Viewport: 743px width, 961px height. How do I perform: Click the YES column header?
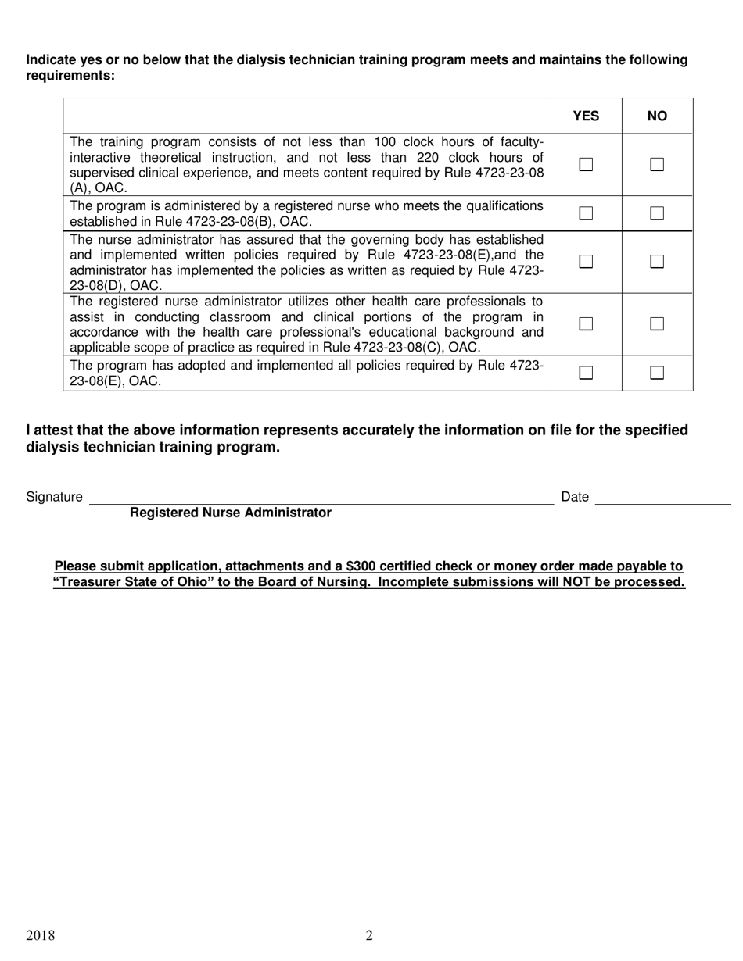click(586, 116)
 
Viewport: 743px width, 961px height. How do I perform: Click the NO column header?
click(657, 116)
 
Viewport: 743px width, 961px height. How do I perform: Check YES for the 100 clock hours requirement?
click(586, 164)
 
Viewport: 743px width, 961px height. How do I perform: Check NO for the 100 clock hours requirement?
click(657, 164)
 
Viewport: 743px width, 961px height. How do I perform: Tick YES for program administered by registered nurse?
click(586, 213)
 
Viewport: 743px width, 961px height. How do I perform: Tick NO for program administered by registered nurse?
click(657, 213)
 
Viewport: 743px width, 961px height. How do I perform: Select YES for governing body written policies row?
click(586, 262)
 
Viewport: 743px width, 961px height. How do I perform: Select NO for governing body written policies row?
click(657, 262)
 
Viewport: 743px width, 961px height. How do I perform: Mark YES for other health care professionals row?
click(586, 323)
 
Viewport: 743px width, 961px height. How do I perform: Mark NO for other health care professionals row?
click(657, 323)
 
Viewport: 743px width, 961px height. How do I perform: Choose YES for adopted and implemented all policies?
click(586, 373)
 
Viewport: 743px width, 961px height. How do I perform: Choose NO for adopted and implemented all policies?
click(657, 373)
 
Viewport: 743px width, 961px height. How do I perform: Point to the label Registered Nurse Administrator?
click(230, 513)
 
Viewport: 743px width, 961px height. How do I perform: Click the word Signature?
click(54, 497)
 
